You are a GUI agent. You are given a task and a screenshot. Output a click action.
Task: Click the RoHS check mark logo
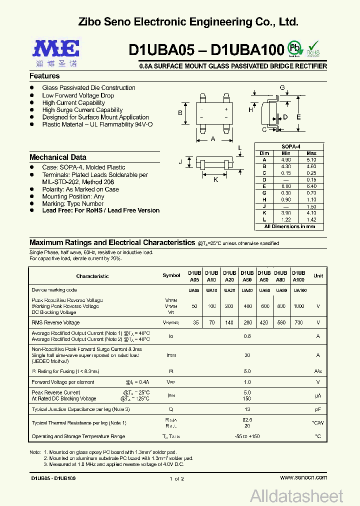[313, 49]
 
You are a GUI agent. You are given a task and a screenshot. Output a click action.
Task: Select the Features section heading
[44, 76]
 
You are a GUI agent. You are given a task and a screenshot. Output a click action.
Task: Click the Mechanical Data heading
[58, 157]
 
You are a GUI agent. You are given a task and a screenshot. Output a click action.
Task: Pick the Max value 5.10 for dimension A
[311, 159]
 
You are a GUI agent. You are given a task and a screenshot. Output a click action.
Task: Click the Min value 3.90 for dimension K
[286, 213]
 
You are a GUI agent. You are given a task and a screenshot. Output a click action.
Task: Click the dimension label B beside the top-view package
[180, 113]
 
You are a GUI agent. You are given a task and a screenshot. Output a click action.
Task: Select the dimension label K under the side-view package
[216, 179]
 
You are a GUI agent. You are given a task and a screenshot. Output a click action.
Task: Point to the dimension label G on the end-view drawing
[282, 88]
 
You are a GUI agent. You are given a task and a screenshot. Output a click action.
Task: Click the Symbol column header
[171, 276]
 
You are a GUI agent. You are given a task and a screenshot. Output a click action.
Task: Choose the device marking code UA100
[300, 290]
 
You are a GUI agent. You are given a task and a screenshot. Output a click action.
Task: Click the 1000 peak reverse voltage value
[298, 306]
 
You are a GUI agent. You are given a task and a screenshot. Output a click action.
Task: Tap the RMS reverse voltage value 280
[247, 323]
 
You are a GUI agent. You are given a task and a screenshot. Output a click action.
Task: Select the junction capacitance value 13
[247, 409]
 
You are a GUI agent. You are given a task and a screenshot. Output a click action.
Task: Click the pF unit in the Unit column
[318, 409]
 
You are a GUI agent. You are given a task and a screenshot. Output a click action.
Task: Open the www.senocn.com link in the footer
[303, 478]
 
